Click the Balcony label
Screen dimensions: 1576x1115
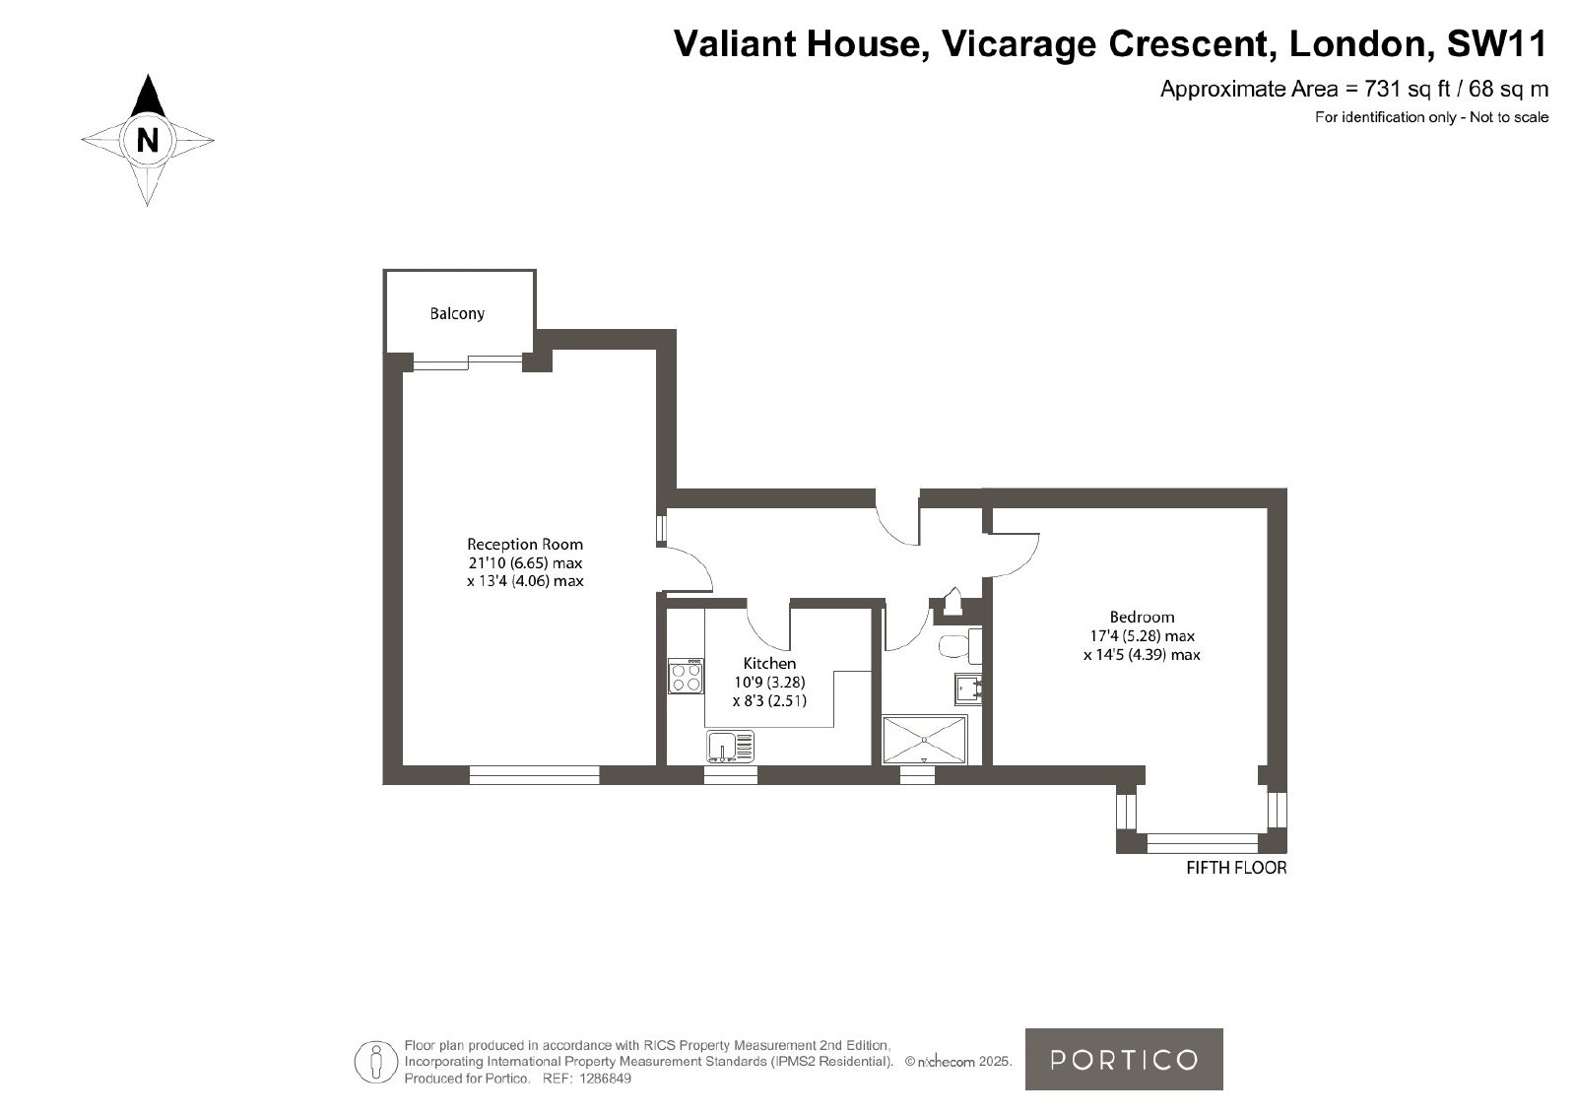point(457,314)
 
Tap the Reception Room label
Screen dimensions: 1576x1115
point(525,544)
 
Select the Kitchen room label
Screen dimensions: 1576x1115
point(769,663)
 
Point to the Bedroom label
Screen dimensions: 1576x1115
point(1142,617)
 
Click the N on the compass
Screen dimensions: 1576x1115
point(147,141)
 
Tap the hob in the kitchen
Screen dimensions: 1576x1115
point(686,676)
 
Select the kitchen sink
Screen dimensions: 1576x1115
point(730,747)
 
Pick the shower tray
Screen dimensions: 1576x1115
point(925,740)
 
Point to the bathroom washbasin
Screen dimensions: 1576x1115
point(968,689)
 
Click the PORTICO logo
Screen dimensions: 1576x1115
point(1124,1060)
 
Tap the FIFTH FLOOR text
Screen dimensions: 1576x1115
point(1236,868)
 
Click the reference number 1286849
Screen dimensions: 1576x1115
point(605,1079)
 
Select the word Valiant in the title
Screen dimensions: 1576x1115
point(735,43)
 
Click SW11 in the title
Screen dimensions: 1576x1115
point(1496,43)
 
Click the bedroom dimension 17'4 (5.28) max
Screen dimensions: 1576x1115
point(1142,636)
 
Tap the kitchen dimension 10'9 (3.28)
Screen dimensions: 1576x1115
point(769,682)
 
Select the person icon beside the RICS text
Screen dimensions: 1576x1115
point(375,1062)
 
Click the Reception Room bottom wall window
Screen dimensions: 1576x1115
point(534,775)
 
